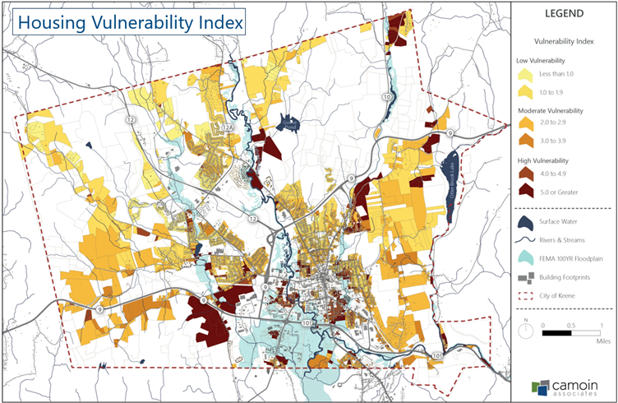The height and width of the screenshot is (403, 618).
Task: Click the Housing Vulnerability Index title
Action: tap(130, 22)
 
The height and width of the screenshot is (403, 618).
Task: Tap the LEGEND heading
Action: tap(564, 14)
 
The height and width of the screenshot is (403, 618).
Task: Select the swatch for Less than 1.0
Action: tap(525, 75)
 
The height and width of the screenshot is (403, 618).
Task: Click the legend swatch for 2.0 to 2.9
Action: tap(525, 123)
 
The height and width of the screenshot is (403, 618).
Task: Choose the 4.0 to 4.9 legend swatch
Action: tap(525, 174)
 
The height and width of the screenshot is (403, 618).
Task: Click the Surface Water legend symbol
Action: tap(525, 223)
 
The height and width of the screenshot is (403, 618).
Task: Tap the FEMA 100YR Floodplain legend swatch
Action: tap(525, 257)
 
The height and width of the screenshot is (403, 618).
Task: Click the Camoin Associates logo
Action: tap(563, 385)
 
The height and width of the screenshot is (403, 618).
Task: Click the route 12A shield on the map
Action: tap(228, 127)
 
